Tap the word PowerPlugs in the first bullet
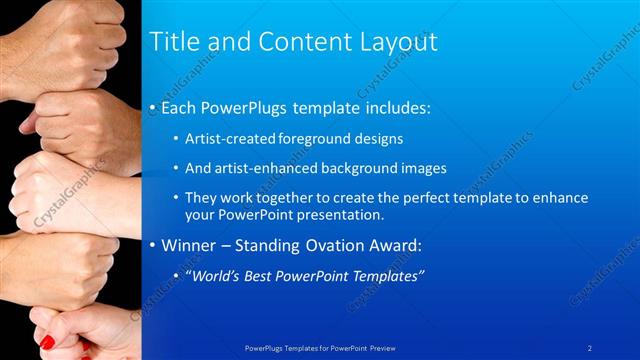click(x=242, y=106)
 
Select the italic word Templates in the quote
click(x=387, y=276)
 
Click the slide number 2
click(x=590, y=347)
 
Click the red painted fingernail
click(x=46, y=342)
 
